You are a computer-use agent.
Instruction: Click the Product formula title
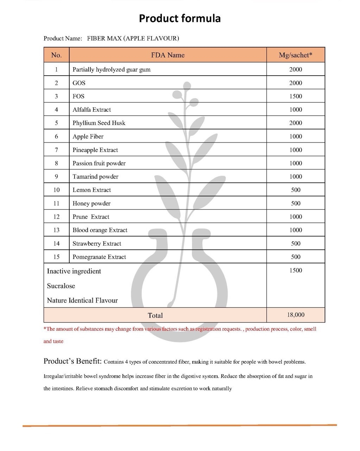(x=179, y=18)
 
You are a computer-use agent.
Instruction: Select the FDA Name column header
(x=168, y=55)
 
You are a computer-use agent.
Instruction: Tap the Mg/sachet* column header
(x=295, y=55)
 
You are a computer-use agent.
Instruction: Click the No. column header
(x=56, y=55)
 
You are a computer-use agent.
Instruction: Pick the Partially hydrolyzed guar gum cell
(x=111, y=69)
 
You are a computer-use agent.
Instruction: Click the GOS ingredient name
(x=79, y=83)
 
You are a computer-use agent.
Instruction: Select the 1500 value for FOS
(x=295, y=96)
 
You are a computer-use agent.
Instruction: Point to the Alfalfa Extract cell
(x=91, y=109)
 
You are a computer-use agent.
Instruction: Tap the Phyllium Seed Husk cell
(x=99, y=123)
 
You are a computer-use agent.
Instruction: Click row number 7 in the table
(x=56, y=150)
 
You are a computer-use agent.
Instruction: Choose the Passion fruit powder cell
(x=99, y=163)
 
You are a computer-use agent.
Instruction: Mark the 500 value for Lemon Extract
(x=295, y=190)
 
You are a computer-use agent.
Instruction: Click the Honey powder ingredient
(x=91, y=203)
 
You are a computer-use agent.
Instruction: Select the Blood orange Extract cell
(x=100, y=230)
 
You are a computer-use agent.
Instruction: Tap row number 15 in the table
(x=56, y=257)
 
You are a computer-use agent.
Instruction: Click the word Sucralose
(x=61, y=286)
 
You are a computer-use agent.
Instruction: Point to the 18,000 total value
(x=295, y=315)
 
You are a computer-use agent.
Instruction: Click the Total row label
(x=155, y=315)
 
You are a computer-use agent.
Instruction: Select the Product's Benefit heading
(x=72, y=361)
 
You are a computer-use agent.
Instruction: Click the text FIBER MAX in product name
(x=104, y=38)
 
